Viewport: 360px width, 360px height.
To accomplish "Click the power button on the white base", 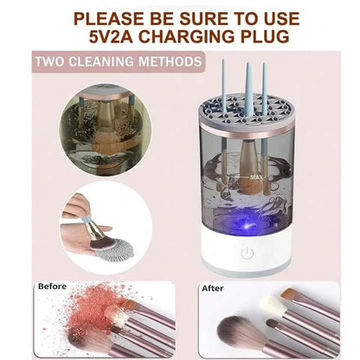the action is point(247,254).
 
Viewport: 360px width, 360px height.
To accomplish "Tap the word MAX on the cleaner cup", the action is point(256,177).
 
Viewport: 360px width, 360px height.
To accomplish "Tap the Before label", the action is point(52,286).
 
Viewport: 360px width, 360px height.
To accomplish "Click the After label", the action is point(213,288).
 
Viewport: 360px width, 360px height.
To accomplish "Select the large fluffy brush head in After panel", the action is point(236,331).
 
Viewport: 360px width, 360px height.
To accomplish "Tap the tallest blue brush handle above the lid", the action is point(248,85).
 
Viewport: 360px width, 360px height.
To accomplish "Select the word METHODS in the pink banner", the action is point(170,61).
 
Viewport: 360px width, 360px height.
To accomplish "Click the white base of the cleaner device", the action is point(247,254).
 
